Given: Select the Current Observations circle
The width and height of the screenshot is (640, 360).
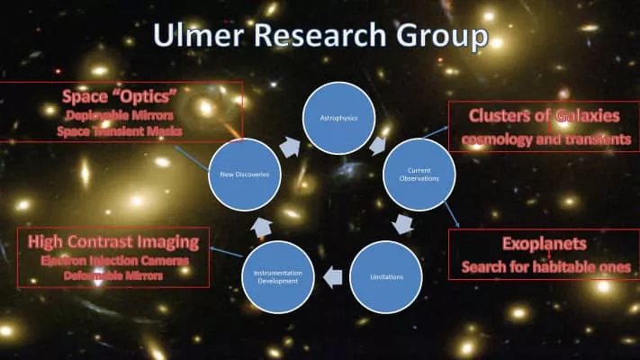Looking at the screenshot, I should pos(419,174).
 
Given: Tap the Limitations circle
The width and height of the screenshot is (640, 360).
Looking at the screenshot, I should pos(385,276).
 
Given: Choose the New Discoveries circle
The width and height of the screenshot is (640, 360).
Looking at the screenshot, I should pos(244,174).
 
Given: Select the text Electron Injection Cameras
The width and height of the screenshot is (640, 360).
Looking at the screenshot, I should pos(113,261).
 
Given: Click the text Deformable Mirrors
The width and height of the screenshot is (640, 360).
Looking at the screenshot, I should pos(113,276).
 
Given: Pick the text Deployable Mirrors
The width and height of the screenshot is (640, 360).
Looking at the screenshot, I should pos(121,116).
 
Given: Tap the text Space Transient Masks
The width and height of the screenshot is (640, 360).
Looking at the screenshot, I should pos(121,131).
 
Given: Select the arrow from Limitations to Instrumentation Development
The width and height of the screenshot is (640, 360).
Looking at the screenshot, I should pos(333,276).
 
